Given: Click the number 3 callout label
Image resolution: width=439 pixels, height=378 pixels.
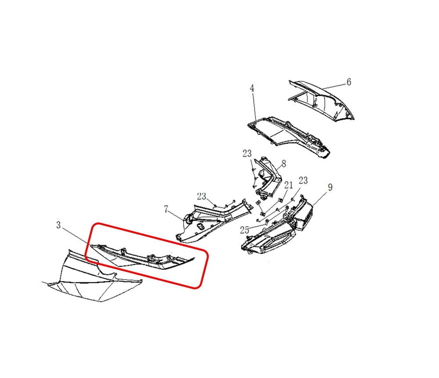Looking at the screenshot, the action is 58,225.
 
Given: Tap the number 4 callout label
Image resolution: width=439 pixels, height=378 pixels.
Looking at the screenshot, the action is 252,88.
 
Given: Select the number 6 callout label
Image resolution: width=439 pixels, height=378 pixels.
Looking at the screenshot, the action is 349,82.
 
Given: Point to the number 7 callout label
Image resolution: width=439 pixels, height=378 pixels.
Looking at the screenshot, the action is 166,209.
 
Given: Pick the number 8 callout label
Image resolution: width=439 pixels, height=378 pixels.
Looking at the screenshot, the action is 284,164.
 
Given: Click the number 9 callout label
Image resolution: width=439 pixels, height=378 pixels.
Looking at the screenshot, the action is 330,187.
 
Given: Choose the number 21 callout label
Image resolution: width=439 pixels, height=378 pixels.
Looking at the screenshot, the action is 288,185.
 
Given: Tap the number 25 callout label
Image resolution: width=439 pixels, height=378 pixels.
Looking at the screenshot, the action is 245,230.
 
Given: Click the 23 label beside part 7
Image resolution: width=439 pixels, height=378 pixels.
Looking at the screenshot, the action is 202,196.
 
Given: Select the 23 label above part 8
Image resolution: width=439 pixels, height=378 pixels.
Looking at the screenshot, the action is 247,154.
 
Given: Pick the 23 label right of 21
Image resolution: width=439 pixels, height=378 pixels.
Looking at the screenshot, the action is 303,180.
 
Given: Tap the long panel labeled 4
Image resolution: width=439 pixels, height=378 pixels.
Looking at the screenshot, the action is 288,134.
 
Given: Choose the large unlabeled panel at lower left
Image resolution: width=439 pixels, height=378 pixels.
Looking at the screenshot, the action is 92,278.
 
